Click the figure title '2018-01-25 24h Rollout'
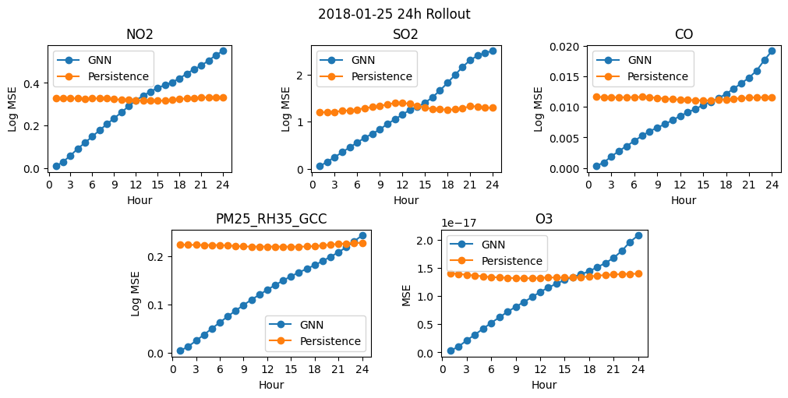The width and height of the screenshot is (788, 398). tap(394, 14)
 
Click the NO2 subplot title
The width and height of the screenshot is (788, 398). tap(140, 34)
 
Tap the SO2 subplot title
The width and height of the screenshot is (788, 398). tap(405, 34)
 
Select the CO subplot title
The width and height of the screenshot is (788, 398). tap(684, 34)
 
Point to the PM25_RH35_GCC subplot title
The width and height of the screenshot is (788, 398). tap(271, 219)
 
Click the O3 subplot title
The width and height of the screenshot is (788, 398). tap(544, 219)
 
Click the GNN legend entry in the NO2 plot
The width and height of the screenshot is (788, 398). tap(84, 60)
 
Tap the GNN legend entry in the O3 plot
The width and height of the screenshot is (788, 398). tap(478, 245)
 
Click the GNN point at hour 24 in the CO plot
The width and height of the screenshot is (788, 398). tap(772, 51)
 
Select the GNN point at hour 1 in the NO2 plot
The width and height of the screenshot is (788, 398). tap(56, 166)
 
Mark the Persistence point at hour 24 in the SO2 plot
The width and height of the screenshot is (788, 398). tap(493, 107)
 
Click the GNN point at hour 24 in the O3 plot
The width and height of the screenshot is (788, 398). tap(638, 235)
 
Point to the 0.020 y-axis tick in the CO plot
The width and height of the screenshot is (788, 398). tap(569, 46)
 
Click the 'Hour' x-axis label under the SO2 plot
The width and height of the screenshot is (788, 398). tap(406, 200)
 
